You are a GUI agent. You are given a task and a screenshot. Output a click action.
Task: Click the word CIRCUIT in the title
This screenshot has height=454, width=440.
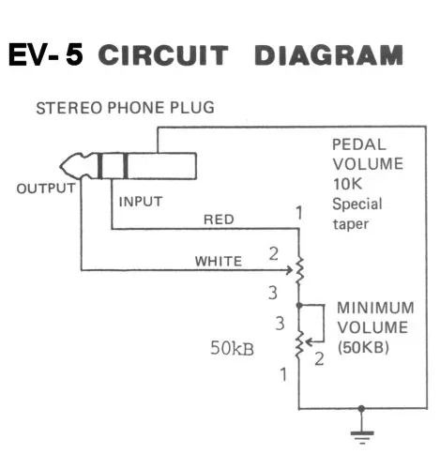pyautogui.click(x=162, y=55)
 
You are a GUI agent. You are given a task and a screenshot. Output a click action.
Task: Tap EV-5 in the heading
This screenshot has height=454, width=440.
pyautogui.click(x=45, y=55)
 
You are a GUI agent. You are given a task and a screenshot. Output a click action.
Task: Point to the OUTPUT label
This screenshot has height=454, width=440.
pyautogui.click(x=45, y=188)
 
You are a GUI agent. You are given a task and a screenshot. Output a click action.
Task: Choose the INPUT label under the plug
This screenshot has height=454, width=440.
pyautogui.click(x=140, y=201)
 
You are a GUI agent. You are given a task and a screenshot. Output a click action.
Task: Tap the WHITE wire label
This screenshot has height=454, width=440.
pyautogui.click(x=218, y=260)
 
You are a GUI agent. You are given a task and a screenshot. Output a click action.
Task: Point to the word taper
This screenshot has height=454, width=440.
pyautogui.click(x=351, y=226)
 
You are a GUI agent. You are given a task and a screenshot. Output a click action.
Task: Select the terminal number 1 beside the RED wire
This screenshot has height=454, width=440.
pyautogui.click(x=298, y=213)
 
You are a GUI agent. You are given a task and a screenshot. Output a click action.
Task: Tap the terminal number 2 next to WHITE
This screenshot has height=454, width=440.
pyautogui.click(x=274, y=254)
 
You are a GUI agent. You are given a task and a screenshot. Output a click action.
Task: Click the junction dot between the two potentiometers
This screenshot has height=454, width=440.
pyautogui.click(x=299, y=306)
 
